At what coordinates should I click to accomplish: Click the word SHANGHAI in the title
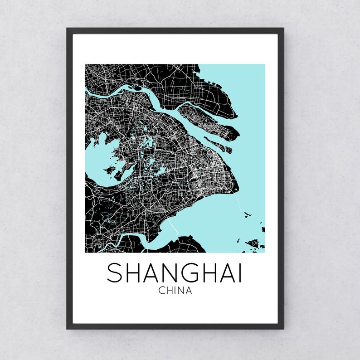(x=175, y=273)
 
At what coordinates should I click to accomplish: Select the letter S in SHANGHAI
(x=115, y=273)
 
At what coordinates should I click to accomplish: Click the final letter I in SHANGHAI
(x=240, y=273)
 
